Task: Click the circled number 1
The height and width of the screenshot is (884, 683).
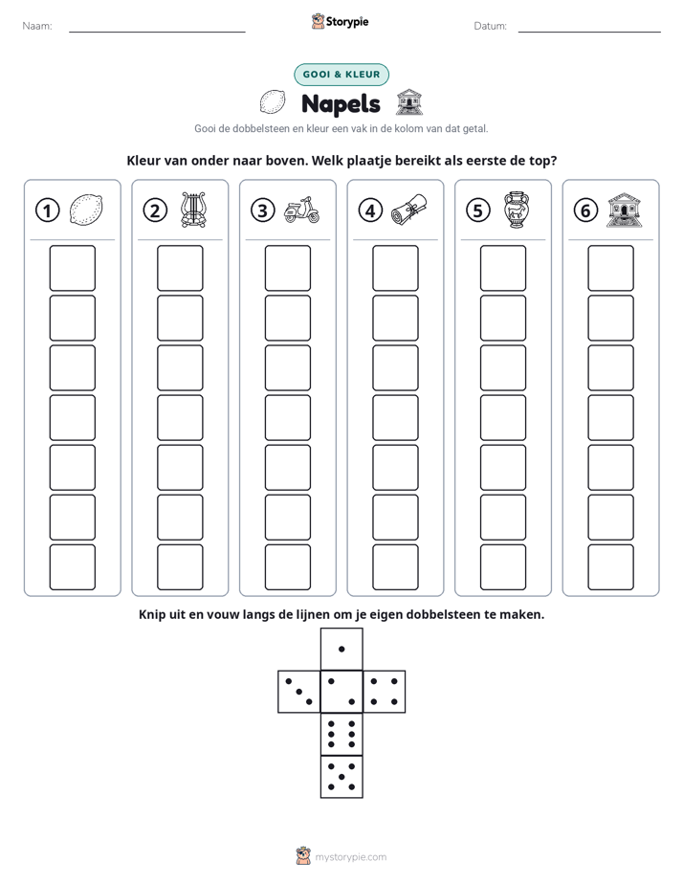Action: click(47, 210)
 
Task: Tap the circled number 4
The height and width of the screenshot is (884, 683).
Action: click(370, 210)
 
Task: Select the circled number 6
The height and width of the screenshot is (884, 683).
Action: click(585, 210)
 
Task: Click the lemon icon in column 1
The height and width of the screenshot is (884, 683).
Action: click(86, 210)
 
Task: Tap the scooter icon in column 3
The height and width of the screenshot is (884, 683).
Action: click(301, 210)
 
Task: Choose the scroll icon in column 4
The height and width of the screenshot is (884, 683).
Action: click(409, 210)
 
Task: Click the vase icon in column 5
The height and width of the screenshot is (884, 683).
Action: click(517, 210)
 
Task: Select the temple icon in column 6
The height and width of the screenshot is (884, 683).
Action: click(625, 210)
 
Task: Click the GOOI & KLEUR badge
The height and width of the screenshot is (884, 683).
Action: click(341, 75)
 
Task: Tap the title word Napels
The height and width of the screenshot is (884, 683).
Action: click(341, 104)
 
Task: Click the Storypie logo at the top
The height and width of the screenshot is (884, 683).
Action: click(341, 22)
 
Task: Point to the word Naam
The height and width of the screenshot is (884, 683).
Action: click(37, 26)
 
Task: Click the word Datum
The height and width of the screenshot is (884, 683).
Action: click(491, 26)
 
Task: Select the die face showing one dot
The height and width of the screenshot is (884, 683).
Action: click(341, 649)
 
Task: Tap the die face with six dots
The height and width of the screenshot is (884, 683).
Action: click(341, 734)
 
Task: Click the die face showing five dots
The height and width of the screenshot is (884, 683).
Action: click(341, 777)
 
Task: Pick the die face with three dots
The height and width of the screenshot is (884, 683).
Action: click(299, 692)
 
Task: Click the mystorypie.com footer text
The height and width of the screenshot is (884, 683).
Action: click(350, 857)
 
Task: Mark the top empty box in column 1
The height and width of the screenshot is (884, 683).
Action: click(72, 268)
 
